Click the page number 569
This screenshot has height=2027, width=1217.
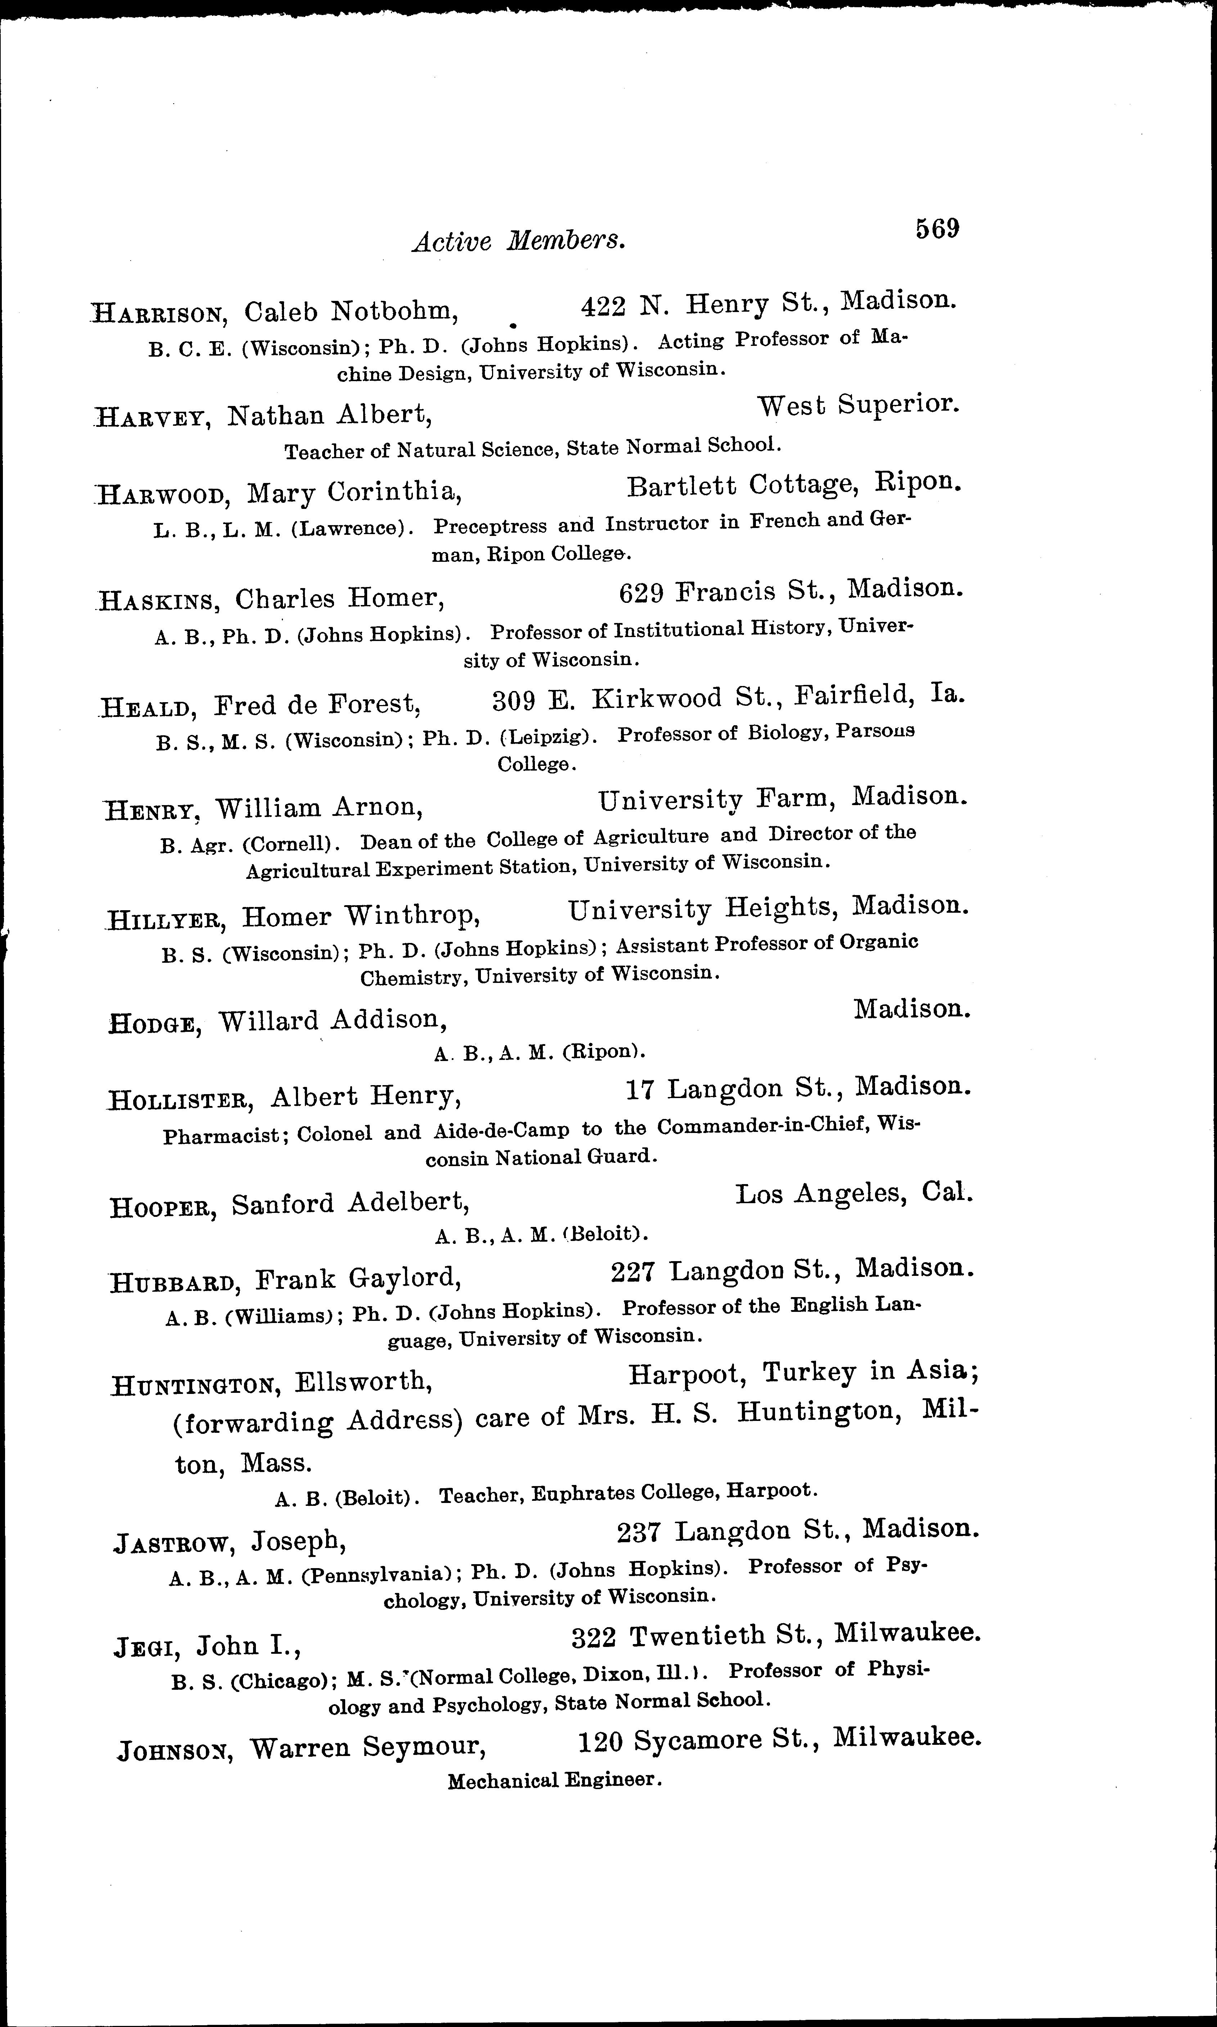tap(937, 228)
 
